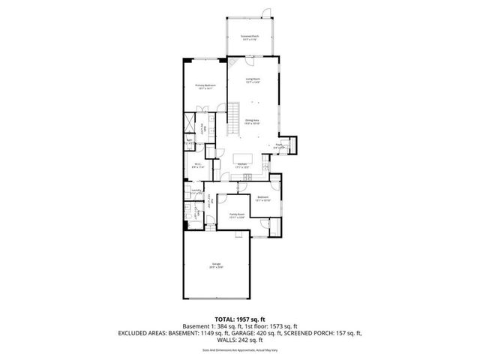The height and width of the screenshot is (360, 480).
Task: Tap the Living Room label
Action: pos(253,80)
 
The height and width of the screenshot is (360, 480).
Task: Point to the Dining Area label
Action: pos(253,121)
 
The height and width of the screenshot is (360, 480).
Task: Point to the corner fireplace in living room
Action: pos(232,64)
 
